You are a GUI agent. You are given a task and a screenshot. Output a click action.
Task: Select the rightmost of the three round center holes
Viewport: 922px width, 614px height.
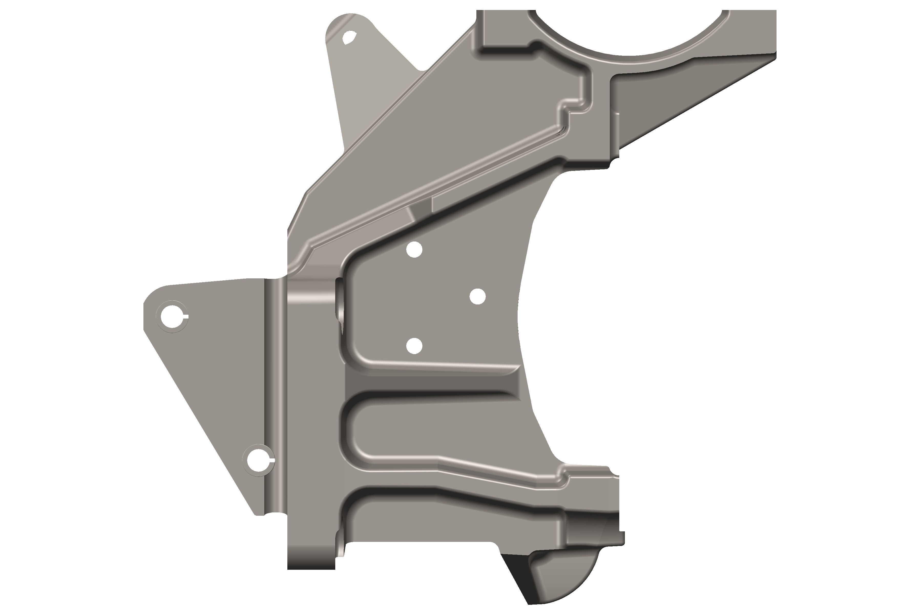pyautogui.click(x=477, y=297)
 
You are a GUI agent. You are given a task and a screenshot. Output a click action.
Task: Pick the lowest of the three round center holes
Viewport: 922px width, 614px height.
pyautogui.click(x=414, y=346)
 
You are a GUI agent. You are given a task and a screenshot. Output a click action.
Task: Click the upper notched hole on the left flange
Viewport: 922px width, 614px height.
pyautogui.click(x=171, y=316)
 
